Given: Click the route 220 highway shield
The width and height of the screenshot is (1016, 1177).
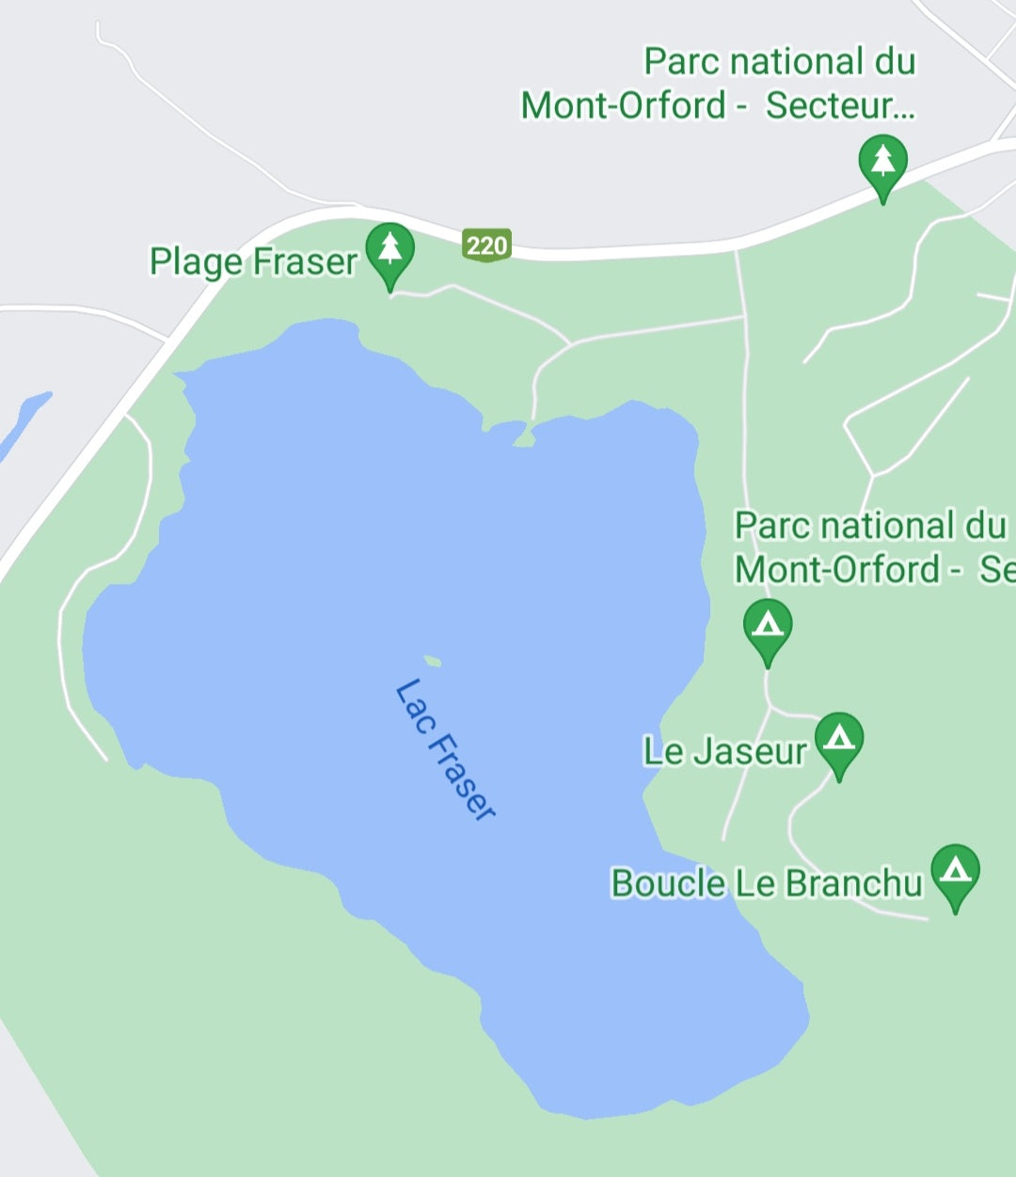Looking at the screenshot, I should [x=486, y=245].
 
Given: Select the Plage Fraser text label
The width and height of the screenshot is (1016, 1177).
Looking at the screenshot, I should [x=253, y=261].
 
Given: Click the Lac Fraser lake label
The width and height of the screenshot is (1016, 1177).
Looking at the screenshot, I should [x=444, y=750].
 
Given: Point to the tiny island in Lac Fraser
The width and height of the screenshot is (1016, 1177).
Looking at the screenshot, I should [x=433, y=661].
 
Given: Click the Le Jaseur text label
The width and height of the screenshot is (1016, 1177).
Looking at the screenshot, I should [x=724, y=751].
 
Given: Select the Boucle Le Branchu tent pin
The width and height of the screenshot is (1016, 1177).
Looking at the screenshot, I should [x=955, y=872].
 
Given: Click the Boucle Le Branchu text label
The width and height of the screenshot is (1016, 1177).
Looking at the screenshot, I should [x=766, y=883].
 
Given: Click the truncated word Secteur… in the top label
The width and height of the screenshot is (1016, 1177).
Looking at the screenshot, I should [x=839, y=105].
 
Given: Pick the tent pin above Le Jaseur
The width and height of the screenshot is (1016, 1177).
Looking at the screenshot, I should [x=767, y=626].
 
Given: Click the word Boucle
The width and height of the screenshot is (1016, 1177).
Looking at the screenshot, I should [x=668, y=883].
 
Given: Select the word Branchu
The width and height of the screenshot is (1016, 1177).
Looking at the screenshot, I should [x=853, y=883].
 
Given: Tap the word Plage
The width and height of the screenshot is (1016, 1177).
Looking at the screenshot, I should [x=196, y=261].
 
